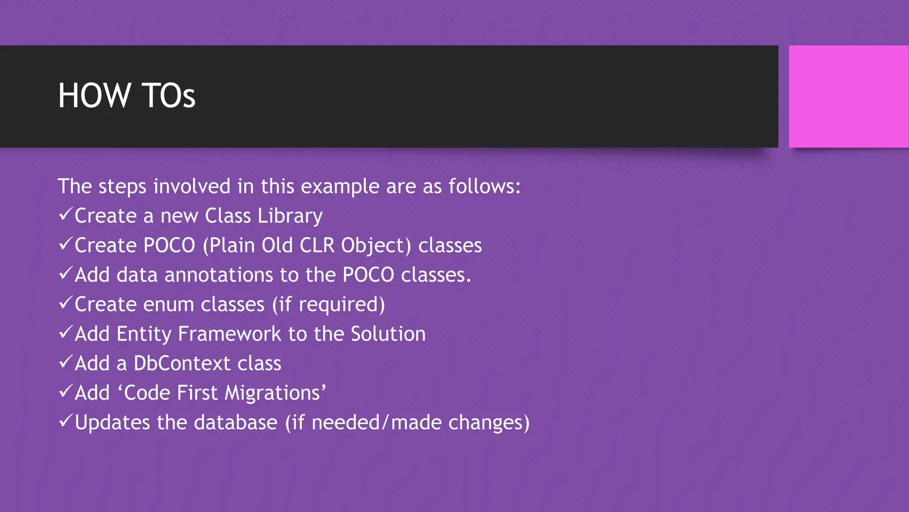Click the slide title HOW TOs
click(x=126, y=96)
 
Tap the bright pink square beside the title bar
click(x=848, y=96)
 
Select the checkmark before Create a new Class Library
click(x=65, y=215)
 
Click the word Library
click(x=290, y=216)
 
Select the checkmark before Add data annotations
click(x=65, y=274)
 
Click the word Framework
click(x=229, y=334)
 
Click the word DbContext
click(x=182, y=364)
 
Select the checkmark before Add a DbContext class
click(x=65, y=362)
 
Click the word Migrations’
click(x=275, y=393)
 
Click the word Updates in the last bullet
click(x=112, y=423)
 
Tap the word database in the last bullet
click(x=236, y=423)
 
